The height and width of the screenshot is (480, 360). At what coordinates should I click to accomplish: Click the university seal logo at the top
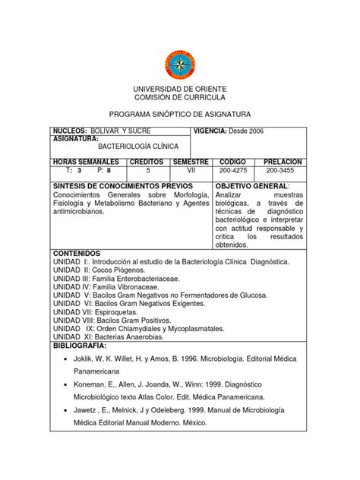pyautogui.click(x=180, y=63)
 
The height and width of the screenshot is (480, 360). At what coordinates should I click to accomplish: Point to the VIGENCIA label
pyautogui.click(x=215, y=131)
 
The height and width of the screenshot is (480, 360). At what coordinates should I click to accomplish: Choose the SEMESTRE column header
pyautogui.click(x=191, y=163)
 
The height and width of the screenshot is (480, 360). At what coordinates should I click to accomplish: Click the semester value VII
pyautogui.click(x=191, y=172)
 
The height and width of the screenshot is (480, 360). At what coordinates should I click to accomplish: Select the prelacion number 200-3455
pyautogui.click(x=283, y=172)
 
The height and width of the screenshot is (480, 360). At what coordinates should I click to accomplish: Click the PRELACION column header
pyautogui.click(x=283, y=163)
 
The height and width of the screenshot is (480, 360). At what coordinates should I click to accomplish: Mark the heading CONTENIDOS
pyautogui.click(x=77, y=252)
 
